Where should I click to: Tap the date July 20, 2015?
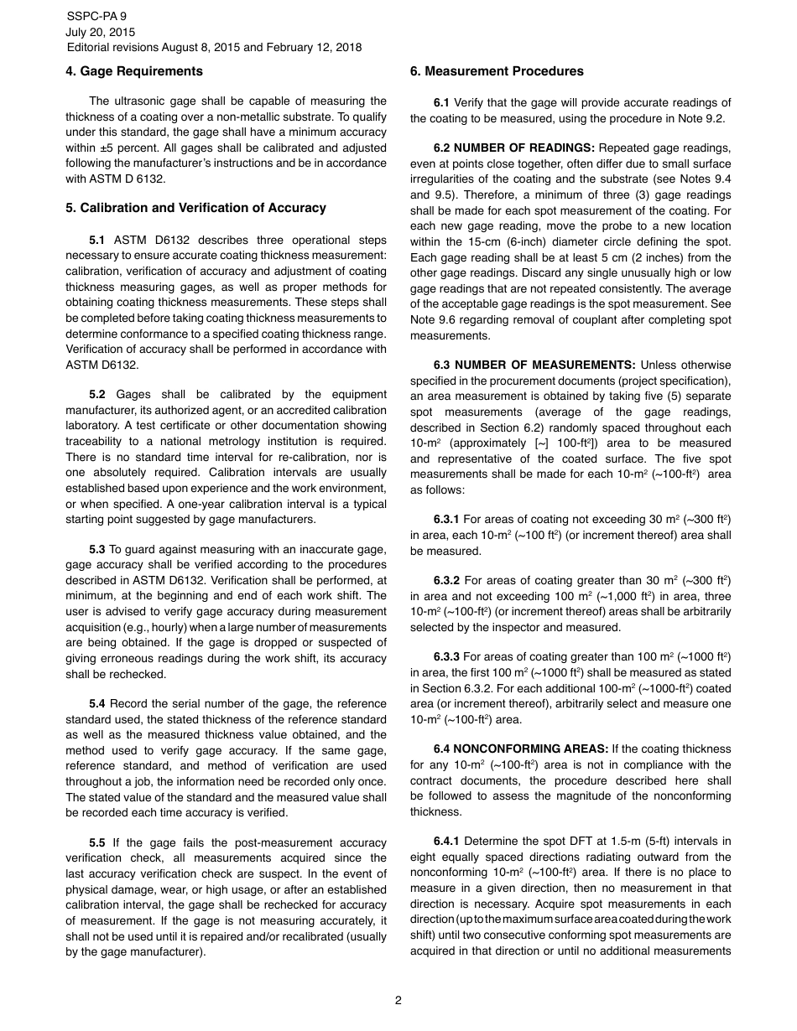[x=100, y=32]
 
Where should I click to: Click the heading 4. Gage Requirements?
[x=134, y=71]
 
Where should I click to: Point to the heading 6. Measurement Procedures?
[x=497, y=71]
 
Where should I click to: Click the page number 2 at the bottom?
[x=398, y=1000]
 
